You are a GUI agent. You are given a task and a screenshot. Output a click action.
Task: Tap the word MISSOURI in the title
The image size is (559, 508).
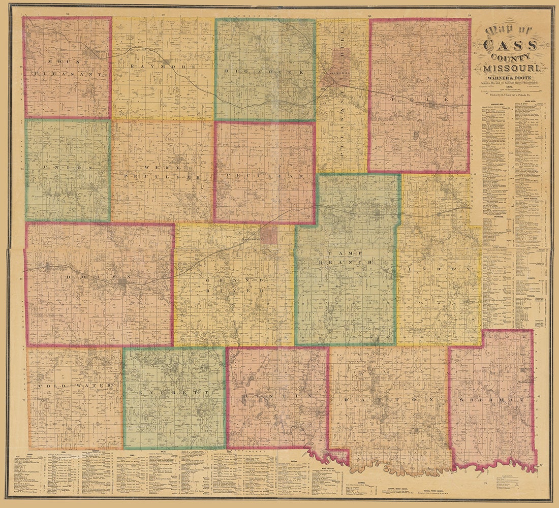tap(514, 68)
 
